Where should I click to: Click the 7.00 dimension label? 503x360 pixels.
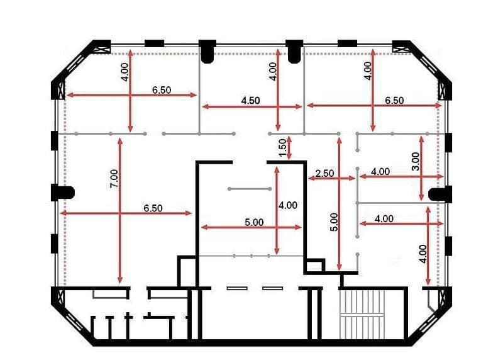(114, 179)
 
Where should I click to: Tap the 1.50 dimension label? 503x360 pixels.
(282, 147)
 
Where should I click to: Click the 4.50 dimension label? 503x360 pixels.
(250, 101)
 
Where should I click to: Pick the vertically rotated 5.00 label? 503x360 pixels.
(334, 222)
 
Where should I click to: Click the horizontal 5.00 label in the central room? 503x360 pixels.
(254, 222)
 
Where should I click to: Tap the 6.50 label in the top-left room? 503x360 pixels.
(162, 90)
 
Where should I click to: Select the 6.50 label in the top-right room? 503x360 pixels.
(394, 100)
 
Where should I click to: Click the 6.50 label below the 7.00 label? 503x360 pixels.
(153, 208)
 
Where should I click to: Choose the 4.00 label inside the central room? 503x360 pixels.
(288, 205)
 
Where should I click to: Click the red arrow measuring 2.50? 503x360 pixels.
(332, 179)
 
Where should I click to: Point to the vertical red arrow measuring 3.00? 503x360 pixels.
(421, 169)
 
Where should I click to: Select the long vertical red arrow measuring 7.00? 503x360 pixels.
(119, 211)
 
